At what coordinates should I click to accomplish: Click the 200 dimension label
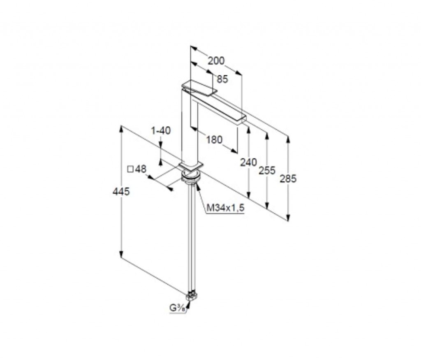(216, 61)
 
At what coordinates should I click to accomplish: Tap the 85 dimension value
(222, 79)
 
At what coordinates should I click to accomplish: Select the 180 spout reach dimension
(214, 140)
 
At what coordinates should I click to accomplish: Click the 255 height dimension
(267, 170)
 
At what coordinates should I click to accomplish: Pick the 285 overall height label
(288, 179)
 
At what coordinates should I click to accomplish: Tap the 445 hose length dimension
(121, 192)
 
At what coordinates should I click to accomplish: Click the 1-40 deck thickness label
(161, 131)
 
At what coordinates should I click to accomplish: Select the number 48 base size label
(141, 169)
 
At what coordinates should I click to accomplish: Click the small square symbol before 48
(130, 170)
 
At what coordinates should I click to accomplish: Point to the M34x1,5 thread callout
(226, 208)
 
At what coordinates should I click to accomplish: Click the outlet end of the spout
(244, 118)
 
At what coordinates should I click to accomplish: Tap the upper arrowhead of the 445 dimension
(121, 129)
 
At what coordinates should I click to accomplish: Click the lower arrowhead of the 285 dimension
(288, 218)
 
